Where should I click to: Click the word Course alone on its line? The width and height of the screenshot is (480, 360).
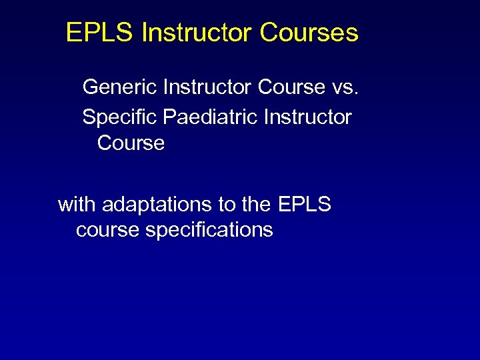(131, 143)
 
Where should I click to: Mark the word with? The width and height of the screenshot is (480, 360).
(75, 204)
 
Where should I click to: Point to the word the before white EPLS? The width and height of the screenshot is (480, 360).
(257, 204)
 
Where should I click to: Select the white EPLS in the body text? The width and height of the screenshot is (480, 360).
(305, 204)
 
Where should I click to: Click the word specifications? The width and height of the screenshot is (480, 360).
(209, 231)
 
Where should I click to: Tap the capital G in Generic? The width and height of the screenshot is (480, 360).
(91, 87)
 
